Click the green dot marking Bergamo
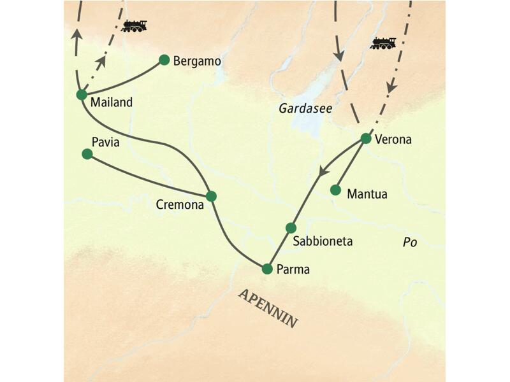click(x=164, y=60)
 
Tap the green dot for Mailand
click(x=81, y=95)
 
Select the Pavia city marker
click(x=87, y=154)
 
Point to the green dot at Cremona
click(x=211, y=196)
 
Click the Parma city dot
click(x=267, y=269)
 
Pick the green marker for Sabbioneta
click(x=291, y=228)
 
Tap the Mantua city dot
click(x=335, y=190)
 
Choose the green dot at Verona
click(x=365, y=138)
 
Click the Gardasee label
click(x=305, y=109)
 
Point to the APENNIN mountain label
click(x=268, y=308)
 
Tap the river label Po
click(x=409, y=242)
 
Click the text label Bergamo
click(x=197, y=62)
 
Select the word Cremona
click(x=180, y=205)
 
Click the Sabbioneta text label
click(x=323, y=242)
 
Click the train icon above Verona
click(x=383, y=43)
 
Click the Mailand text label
click(x=112, y=103)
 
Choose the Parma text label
click(x=293, y=269)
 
